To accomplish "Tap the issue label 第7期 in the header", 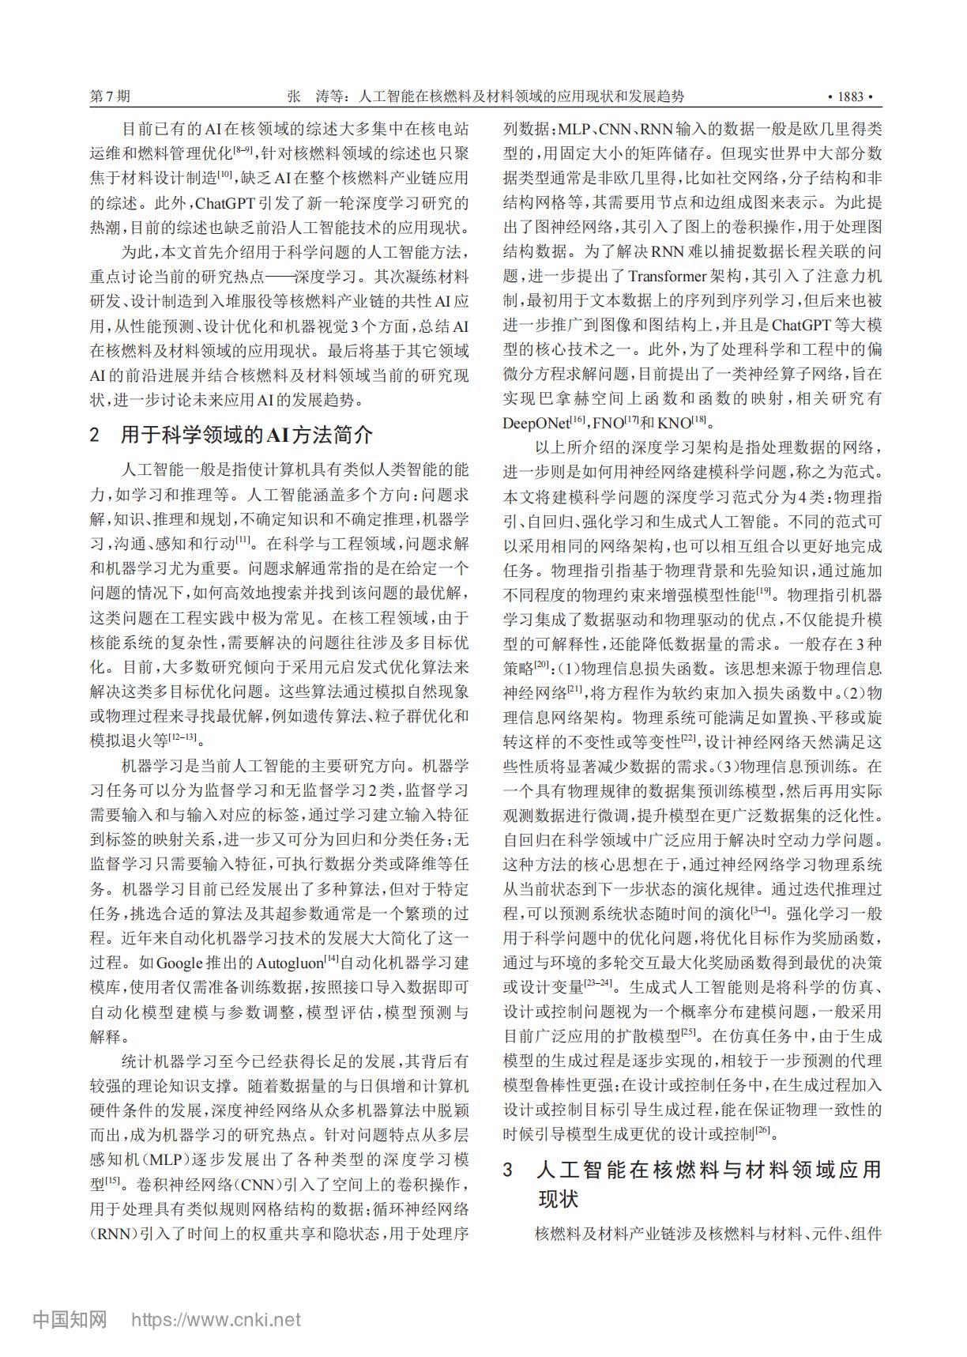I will tap(111, 97).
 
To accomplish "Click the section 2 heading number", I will tap(96, 435).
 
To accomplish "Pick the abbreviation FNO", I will tap(608, 423).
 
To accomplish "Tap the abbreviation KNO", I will tap(674, 423).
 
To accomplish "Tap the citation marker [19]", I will tap(764, 590).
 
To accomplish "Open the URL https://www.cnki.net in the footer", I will tap(216, 1319).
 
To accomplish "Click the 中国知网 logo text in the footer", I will tap(70, 1318).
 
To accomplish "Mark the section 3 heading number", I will tap(509, 1170).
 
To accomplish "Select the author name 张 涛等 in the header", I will tap(318, 97).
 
